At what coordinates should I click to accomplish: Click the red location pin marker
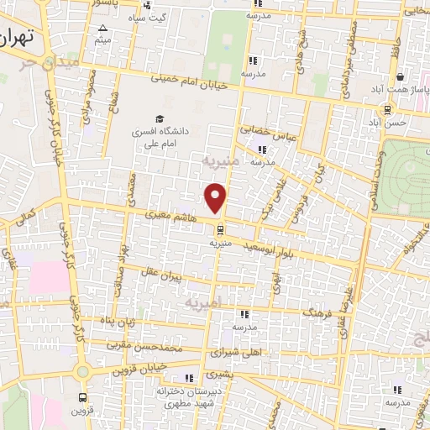[x=216, y=198]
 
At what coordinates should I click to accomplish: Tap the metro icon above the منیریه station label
[x=219, y=228]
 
